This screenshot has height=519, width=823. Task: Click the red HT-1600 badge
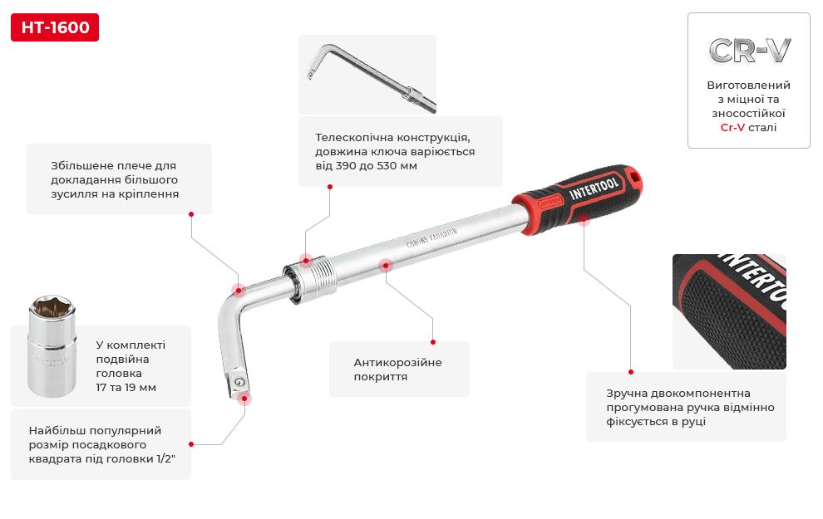point(55,27)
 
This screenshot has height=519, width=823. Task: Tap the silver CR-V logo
point(750,51)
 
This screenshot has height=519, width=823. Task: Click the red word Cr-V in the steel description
point(732,127)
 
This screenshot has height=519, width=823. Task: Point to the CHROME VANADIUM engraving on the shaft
point(431,237)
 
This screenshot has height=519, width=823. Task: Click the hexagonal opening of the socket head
point(51,305)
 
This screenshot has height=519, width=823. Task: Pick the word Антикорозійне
point(397,362)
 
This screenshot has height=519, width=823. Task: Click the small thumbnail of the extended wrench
point(367,75)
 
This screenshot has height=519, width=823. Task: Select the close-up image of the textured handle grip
point(729,311)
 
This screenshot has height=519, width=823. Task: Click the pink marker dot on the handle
point(584,219)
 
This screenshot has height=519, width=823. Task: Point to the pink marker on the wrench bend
point(239,290)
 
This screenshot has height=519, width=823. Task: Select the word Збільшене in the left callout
point(81,165)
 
